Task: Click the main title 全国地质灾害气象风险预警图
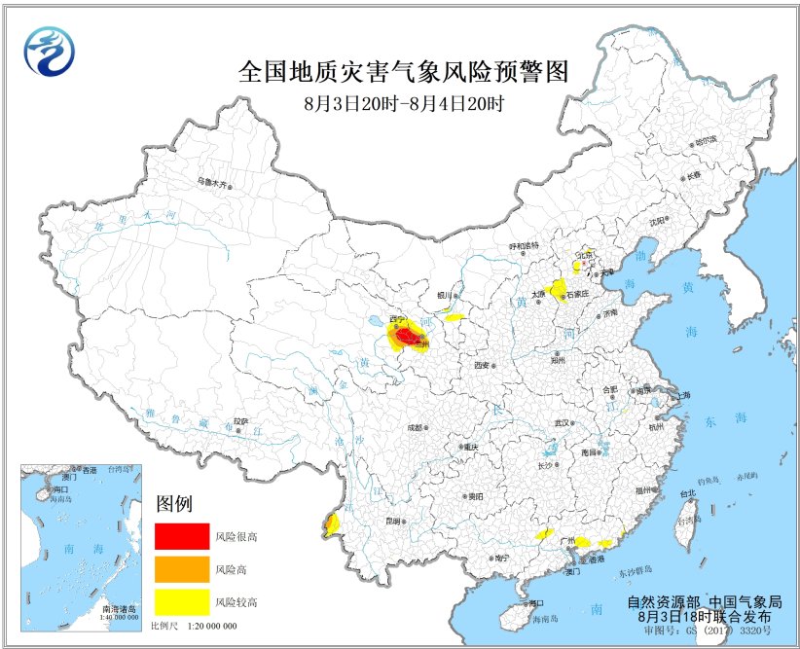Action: pos(402,71)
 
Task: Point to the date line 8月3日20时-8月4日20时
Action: pos(402,100)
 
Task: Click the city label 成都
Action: pos(416,426)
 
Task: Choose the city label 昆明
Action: pos(391,522)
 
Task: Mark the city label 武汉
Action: pos(562,423)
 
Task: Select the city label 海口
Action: pos(532,603)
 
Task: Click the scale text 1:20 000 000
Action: pos(211,626)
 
